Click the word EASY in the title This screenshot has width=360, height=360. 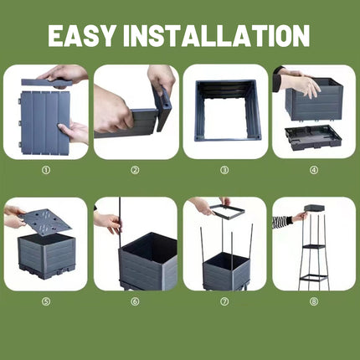[81, 36]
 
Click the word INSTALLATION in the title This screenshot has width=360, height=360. [216, 36]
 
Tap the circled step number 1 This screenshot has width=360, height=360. [46, 170]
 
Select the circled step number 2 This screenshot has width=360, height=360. [136, 170]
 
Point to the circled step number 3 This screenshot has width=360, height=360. [224, 170]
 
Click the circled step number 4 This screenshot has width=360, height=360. [314, 170]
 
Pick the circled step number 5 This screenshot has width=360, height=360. [46, 301]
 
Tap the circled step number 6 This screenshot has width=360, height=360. [136, 301]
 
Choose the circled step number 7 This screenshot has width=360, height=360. [224, 301]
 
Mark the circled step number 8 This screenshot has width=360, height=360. [314, 301]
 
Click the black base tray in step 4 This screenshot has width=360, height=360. [312, 136]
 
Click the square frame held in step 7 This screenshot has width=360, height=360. [228, 212]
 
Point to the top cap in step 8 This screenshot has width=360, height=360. [314, 208]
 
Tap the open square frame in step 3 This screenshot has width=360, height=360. [198, 111]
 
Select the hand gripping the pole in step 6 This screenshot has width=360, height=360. [110, 222]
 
